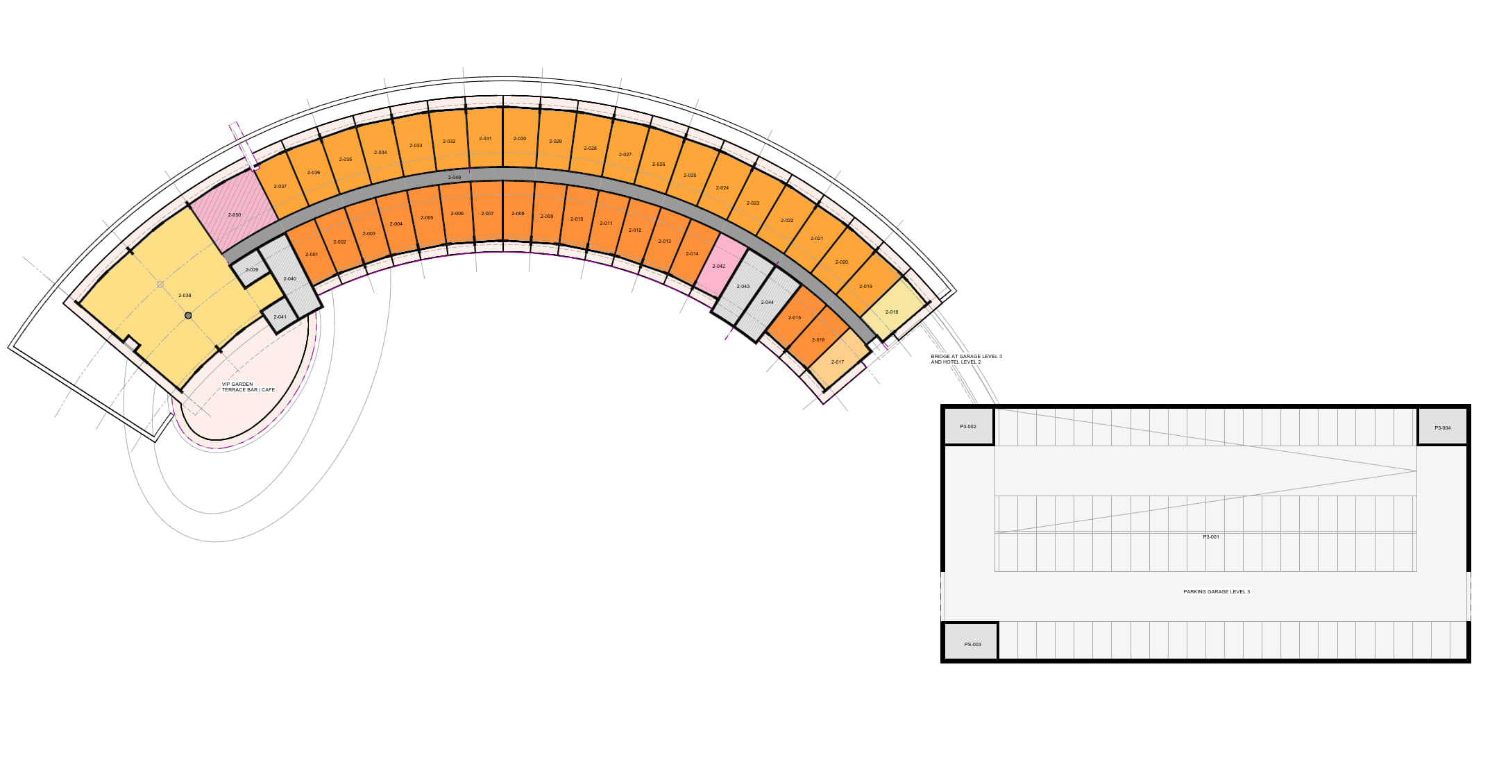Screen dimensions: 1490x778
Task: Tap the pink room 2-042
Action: coord(719,266)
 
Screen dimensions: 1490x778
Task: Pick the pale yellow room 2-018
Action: coord(892,312)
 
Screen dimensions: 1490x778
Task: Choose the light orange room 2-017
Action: coord(838,362)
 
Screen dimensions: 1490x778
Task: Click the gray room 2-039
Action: coord(251,269)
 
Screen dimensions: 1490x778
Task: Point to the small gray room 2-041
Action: coord(280,316)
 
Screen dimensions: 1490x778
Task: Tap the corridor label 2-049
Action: coord(454,178)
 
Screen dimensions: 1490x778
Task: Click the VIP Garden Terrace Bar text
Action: coord(248,387)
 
